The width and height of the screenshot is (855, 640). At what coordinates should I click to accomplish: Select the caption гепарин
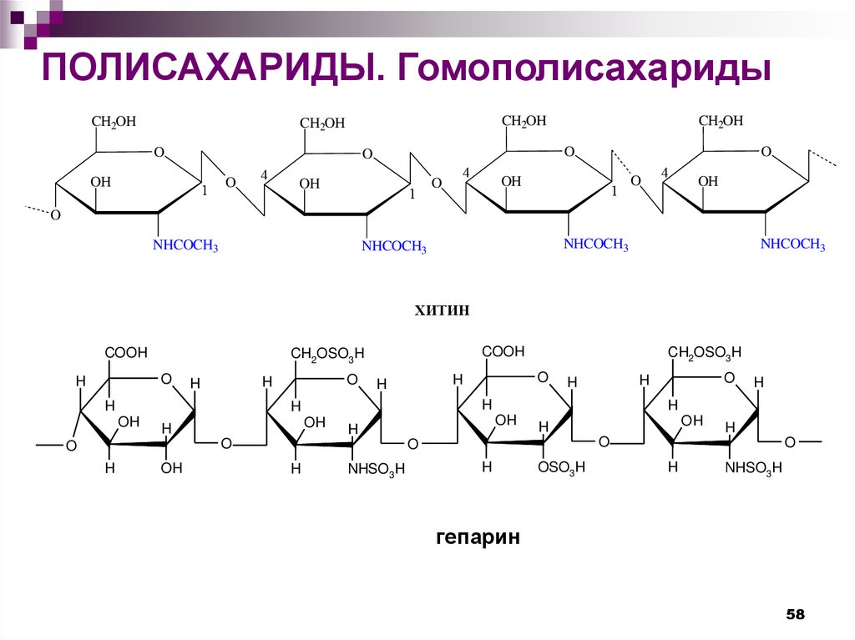coord(478,538)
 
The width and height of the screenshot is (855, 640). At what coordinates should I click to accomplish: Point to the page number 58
coord(795,615)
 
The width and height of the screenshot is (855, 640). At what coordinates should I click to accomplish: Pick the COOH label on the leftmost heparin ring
coord(126,353)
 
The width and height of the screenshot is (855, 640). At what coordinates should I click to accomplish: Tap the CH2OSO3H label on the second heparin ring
coord(328,355)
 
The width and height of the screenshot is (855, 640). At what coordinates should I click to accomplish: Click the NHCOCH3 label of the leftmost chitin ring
coord(185,246)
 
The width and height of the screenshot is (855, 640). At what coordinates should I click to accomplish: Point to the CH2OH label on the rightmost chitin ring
coord(721,121)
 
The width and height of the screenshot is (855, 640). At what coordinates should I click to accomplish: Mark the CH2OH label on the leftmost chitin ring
coord(114,122)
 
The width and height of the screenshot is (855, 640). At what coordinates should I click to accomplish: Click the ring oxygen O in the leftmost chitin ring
coord(159,153)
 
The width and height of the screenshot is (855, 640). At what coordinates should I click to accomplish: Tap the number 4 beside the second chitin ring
coord(264,174)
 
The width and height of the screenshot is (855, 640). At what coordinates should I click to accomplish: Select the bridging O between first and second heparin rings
coord(225,443)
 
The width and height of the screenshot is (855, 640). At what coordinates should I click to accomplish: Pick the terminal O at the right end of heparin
coord(792,441)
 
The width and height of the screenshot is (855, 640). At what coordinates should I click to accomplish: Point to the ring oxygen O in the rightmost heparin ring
coord(729,378)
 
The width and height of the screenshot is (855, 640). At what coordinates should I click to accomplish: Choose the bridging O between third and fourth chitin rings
coord(635,180)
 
